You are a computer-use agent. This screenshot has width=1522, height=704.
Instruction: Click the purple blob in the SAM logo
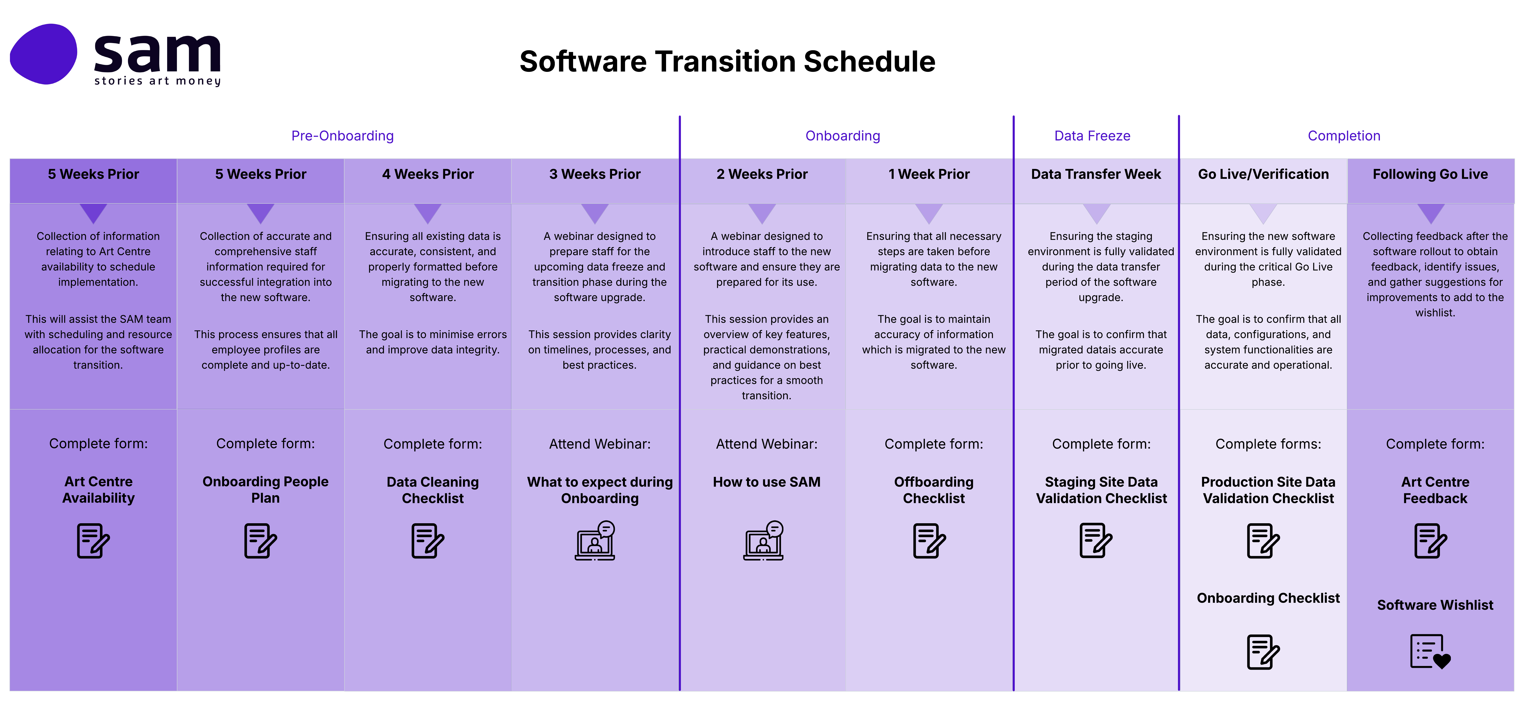click(x=43, y=54)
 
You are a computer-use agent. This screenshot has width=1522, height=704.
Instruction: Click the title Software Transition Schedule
click(x=727, y=61)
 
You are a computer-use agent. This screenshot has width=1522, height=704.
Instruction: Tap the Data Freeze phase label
click(x=1092, y=136)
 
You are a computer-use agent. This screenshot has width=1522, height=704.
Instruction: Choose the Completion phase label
click(x=1343, y=136)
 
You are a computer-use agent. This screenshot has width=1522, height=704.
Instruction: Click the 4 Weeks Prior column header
click(x=428, y=174)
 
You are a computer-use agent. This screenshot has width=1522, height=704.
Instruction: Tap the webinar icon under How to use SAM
click(x=763, y=540)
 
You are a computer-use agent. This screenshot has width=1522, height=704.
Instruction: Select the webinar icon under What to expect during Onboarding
click(x=595, y=540)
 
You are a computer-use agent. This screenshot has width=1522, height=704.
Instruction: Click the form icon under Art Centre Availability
click(x=93, y=540)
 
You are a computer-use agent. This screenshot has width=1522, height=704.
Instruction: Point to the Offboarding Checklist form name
click(x=934, y=490)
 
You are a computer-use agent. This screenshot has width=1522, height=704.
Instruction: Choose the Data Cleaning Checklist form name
click(x=433, y=490)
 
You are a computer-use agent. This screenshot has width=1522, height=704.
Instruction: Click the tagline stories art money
click(x=157, y=81)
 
